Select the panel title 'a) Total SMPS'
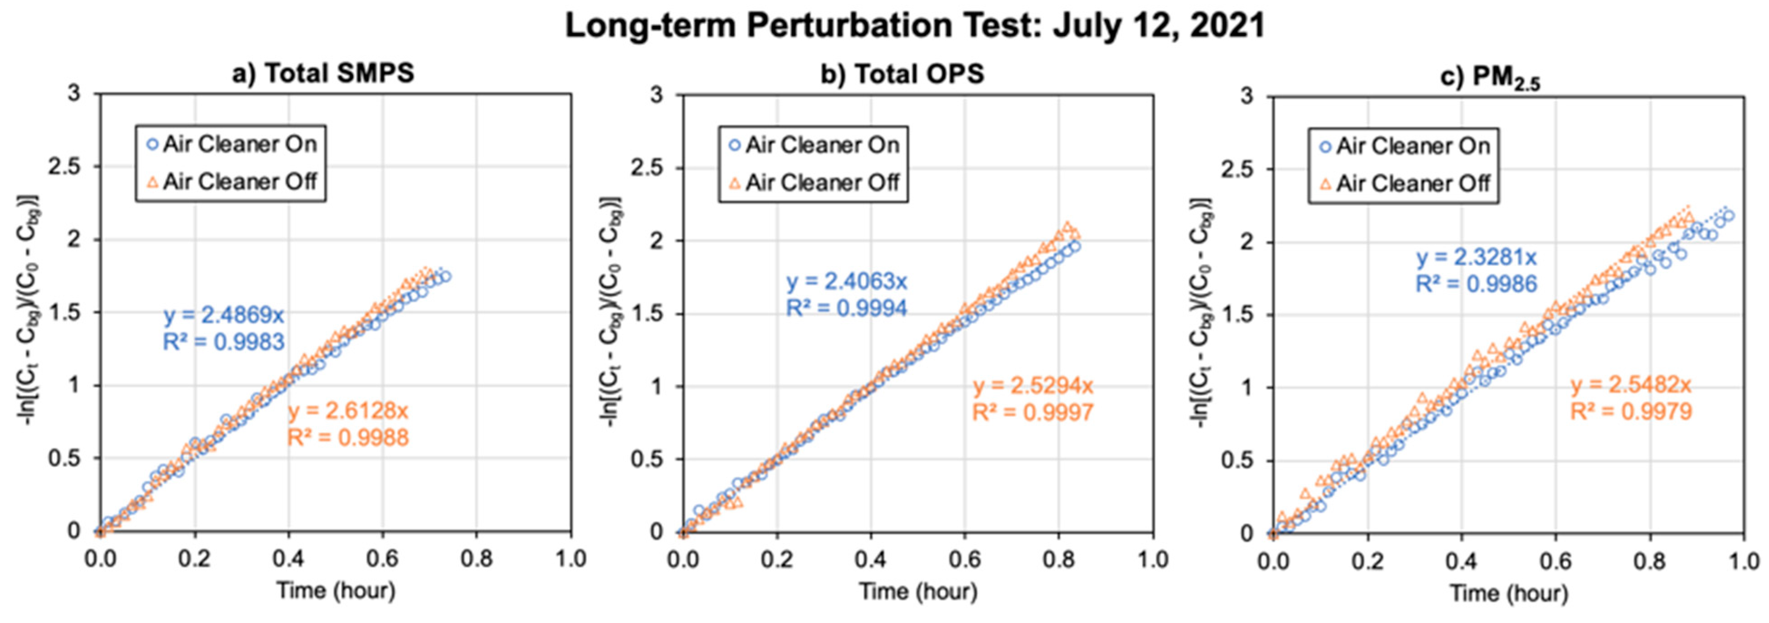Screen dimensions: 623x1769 323,73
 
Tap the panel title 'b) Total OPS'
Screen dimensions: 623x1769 902,74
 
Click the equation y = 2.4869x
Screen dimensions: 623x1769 224,315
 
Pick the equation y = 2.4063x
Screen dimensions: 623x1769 847,282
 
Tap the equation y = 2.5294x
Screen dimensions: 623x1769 1033,386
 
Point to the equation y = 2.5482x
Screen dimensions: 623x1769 1631,385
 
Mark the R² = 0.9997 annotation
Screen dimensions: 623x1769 1033,413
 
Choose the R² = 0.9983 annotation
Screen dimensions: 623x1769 224,341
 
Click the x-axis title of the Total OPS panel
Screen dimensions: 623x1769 918,591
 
